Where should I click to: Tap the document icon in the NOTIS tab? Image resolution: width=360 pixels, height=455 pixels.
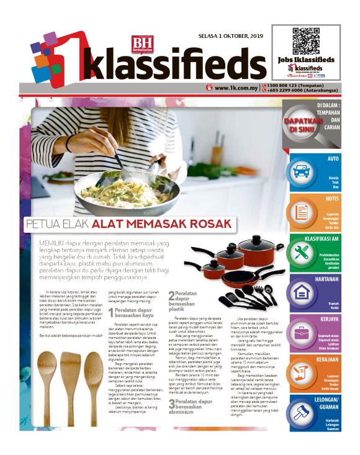(x=302, y=211)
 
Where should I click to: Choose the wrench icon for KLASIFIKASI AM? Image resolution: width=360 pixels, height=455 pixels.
(x=302, y=251)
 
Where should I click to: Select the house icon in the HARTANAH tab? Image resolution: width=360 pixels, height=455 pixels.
(x=302, y=292)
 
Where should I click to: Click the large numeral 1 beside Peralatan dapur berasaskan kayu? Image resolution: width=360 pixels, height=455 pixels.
(x=111, y=313)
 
